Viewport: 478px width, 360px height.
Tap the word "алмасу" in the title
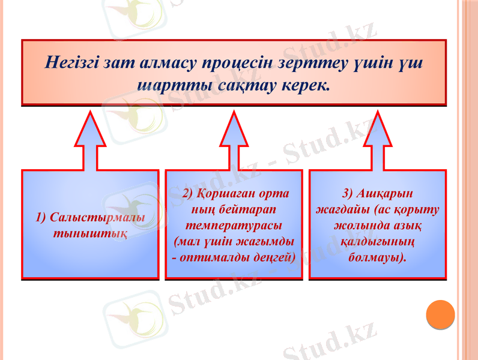(x=165, y=62)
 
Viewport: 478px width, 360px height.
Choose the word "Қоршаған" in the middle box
(x=222, y=194)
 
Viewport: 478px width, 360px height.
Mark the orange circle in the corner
(x=440, y=314)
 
